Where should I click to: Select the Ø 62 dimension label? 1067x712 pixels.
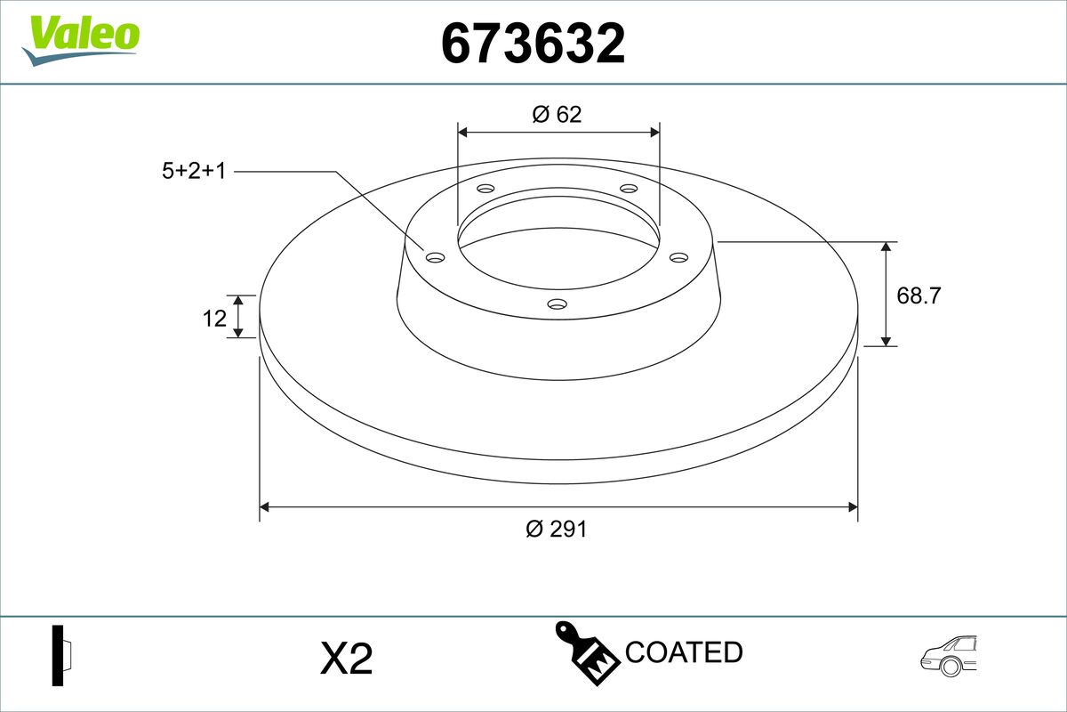coord(557,114)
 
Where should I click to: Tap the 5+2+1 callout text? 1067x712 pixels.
coord(193,171)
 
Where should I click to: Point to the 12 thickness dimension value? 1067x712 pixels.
coord(214,318)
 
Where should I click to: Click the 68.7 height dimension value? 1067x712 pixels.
coord(919,295)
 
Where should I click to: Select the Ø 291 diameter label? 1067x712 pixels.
coord(557,529)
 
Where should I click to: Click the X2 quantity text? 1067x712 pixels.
coord(346,659)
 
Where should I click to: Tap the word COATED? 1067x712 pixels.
coord(684,652)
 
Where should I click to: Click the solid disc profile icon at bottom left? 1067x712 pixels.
coord(62,656)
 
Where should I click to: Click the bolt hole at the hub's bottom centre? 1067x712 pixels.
coord(558,304)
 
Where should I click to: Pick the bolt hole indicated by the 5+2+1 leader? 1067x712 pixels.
coord(435,257)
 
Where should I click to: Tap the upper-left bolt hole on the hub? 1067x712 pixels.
coord(485,189)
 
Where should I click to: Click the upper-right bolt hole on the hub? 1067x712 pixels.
coord(629,189)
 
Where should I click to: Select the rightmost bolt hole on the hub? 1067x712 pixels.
coord(679,257)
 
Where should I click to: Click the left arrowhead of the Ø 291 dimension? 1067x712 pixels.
coord(264,507)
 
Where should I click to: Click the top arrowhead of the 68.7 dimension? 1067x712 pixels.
coord(886,247)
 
